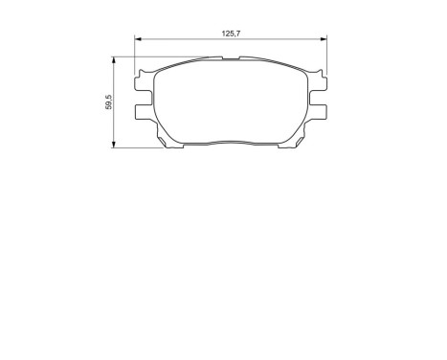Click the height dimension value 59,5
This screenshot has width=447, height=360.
coord(108,101)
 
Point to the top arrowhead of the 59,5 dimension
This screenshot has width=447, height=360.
coord(115,58)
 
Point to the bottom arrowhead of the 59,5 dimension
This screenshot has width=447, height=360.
coord(115,146)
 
